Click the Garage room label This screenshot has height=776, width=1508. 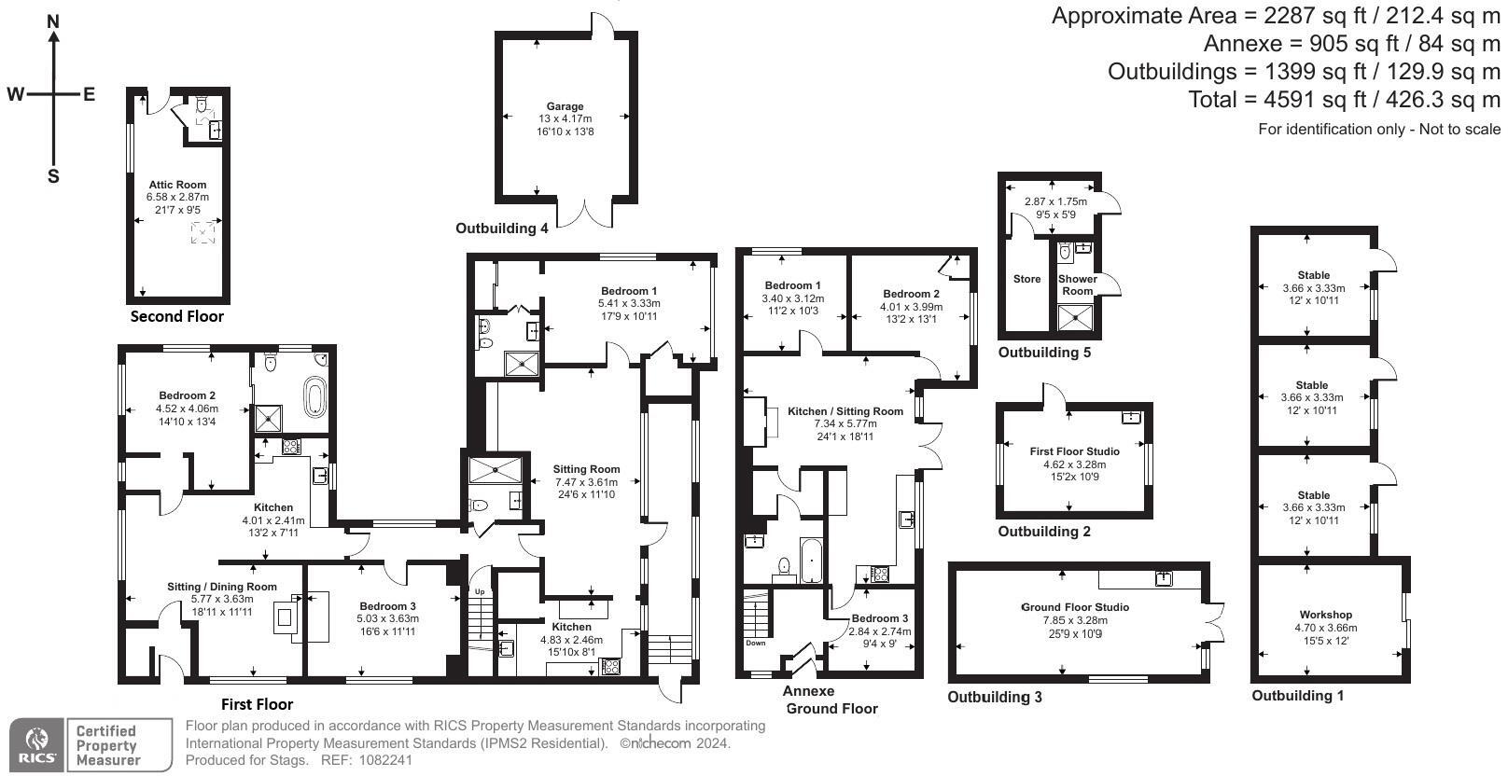[x=565, y=106]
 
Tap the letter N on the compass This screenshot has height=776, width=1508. [x=54, y=21]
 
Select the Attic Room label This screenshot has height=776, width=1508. [x=177, y=185]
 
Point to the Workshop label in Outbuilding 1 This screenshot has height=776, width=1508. [x=1325, y=615]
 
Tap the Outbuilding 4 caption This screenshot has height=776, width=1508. [x=501, y=229]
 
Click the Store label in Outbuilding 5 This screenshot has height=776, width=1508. [x=1026, y=279]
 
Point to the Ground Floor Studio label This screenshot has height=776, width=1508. [x=1074, y=607]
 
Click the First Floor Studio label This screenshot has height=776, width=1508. [x=1074, y=451]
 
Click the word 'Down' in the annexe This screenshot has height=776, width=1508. [x=755, y=643]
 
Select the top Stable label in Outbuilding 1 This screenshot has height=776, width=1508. [x=1313, y=275]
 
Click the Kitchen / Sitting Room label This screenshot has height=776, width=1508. [x=845, y=411]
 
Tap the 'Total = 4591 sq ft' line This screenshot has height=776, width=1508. [x=1344, y=100]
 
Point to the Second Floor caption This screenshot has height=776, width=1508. [x=176, y=316]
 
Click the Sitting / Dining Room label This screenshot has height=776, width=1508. [x=222, y=587]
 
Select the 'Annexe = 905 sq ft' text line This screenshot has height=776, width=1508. [x=1351, y=44]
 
